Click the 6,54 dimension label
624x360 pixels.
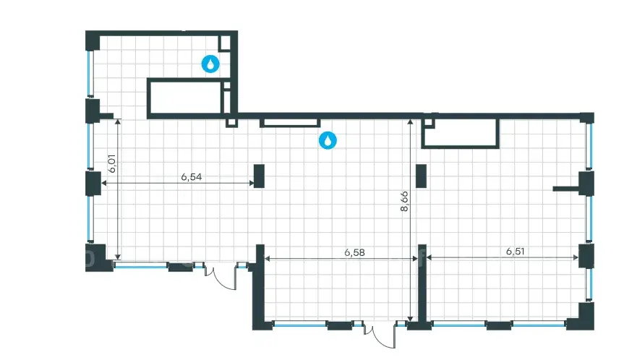coord(192,176)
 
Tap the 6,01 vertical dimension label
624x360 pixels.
coord(113,163)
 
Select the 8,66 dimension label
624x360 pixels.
coord(404,201)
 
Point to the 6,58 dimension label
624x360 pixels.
coord(354,252)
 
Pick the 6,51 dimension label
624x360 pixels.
coord(516,252)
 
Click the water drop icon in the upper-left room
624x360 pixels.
coord(210,64)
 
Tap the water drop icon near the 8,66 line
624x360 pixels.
coord(328,140)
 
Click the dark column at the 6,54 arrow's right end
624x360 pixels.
coord(259,176)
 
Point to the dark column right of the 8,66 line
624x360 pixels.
coord(421,176)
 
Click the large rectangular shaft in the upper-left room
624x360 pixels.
coord(186,98)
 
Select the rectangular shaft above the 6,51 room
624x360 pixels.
coord(460,133)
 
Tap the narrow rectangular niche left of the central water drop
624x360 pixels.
coord(290,123)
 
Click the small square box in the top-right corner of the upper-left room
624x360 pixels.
coord(225,43)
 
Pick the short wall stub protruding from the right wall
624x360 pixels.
coord(566,189)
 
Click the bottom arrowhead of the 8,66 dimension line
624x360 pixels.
coord(410,319)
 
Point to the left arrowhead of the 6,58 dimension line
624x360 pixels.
coord(267,259)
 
